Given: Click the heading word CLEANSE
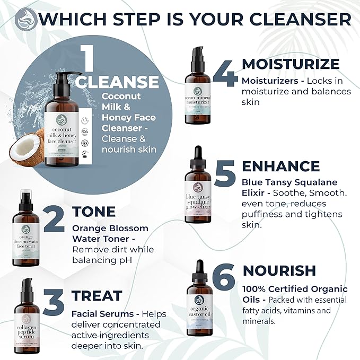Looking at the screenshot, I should tap(117, 82).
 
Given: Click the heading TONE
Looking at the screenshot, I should tap(93, 212).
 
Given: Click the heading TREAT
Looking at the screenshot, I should tap(96, 295).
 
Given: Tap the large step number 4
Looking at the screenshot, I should tap(225, 75).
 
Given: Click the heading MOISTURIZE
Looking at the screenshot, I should tap(291, 65).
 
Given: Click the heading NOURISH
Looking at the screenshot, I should tap(279, 271).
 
